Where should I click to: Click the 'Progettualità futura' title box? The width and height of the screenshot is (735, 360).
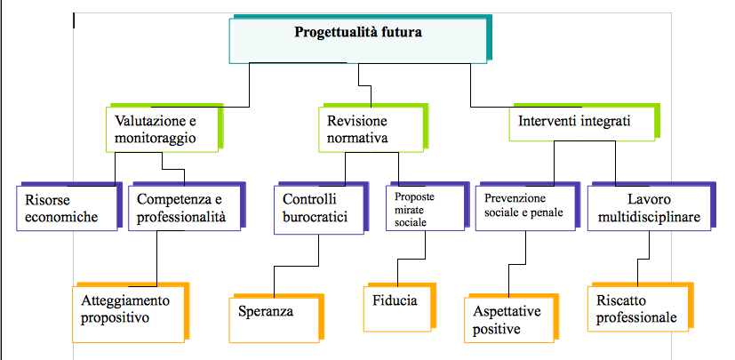pos(357,40)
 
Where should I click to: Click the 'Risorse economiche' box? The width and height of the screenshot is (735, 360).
pos(66,208)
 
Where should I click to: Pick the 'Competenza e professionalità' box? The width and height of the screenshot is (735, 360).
pos(184,208)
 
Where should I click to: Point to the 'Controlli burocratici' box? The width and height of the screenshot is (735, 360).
pos(318,209)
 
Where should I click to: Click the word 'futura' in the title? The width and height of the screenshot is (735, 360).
pos(398,34)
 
